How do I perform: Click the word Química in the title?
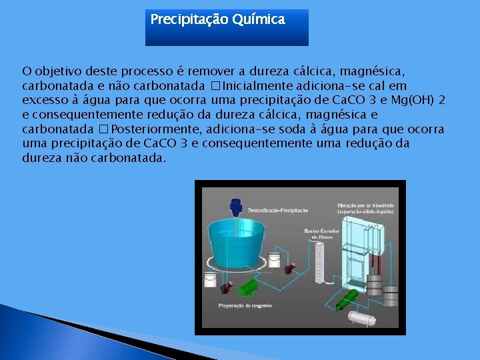click(x=259, y=20)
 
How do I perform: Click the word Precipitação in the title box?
click(x=189, y=20)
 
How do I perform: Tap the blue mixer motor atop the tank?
click(x=235, y=205)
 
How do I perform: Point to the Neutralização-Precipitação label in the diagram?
click(x=278, y=210)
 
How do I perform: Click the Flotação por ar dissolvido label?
click(x=366, y=207)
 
